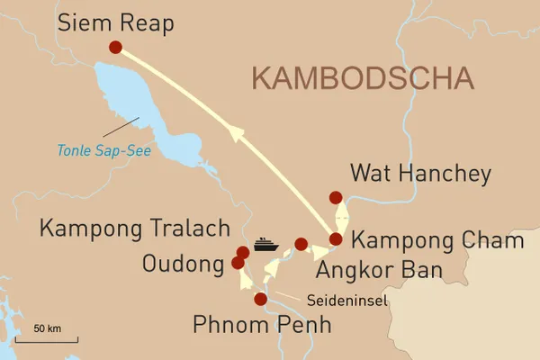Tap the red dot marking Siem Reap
click(x=115, y=48)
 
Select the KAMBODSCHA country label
click(x=364, y=77)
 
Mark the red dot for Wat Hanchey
click(x=336, y=198)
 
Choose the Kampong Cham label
click(x=437, y=240)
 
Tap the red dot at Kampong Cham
click(x=336, y=238)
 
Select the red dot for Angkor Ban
click(x=301, y=243)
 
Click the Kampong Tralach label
click(x=135, y=229)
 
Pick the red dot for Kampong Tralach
click(x=242, y=253)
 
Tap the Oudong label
click(x=183, y=264)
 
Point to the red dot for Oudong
click(x=238, y=263)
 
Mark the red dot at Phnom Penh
click(x=261, y=300)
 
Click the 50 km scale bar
click(x=47, y=338)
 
